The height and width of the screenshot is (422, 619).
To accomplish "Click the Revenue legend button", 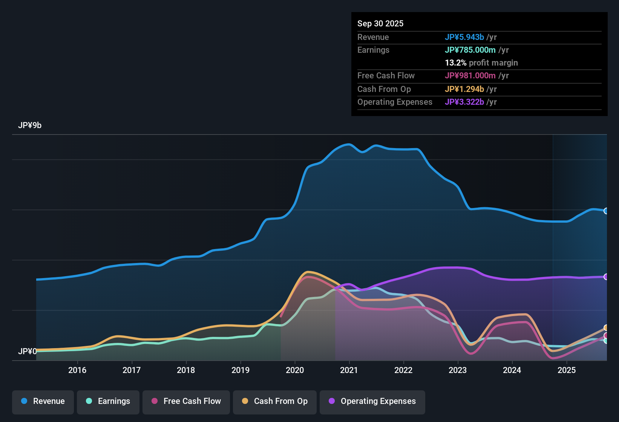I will tap(43, 401).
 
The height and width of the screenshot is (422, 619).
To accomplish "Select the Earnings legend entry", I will tap(108, 401).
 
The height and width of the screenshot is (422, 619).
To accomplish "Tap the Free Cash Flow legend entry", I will tap(186, 401).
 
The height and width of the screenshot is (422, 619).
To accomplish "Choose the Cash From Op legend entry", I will tap(275, 401).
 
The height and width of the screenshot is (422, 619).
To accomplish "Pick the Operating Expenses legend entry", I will tap(372, 401).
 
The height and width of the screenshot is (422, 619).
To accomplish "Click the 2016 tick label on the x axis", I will tap(77, 370).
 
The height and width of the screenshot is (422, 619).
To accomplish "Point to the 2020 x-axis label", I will tap(295, 370).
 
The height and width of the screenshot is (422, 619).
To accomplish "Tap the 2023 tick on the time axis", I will tap(458, 370).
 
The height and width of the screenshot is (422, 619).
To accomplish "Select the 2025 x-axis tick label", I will tap(567, 370).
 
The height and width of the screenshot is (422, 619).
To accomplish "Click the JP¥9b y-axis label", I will tap(30, 125).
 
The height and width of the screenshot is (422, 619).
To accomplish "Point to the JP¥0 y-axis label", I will tap(27, 352).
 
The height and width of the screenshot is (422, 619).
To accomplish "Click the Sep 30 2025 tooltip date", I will tap(380, 24).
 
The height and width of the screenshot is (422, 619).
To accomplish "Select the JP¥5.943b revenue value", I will tap(464, 37).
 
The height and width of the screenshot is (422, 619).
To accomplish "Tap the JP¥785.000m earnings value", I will tap(470, 50).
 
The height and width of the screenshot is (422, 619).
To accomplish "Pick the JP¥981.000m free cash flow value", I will tap(470, 76).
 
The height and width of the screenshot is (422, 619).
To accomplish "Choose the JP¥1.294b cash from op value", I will tap(464, 89).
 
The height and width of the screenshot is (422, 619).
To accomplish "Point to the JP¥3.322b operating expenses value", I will tap(464, 102).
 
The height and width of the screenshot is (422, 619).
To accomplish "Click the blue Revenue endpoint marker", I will tap(606, 211).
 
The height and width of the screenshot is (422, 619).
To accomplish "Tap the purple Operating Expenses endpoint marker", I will tap(606, 277).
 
